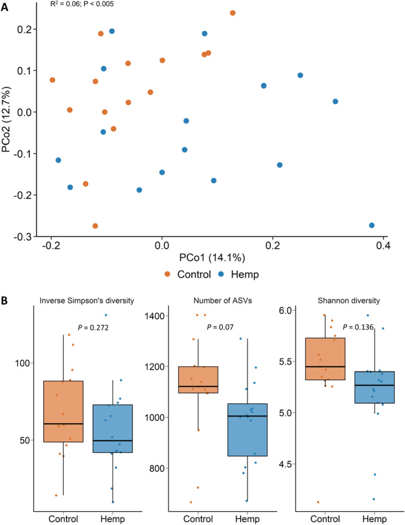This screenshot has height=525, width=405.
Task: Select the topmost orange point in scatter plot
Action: pos(233,13)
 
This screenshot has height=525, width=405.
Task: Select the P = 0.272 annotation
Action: pos(92,327)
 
